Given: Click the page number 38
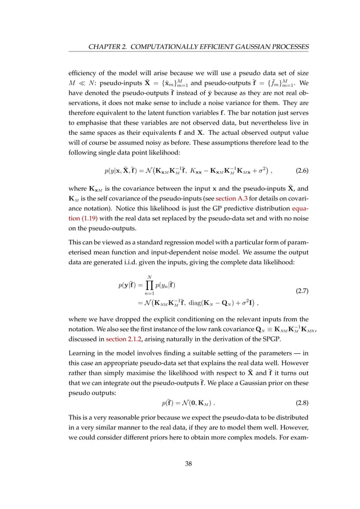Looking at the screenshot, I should point(180,464).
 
